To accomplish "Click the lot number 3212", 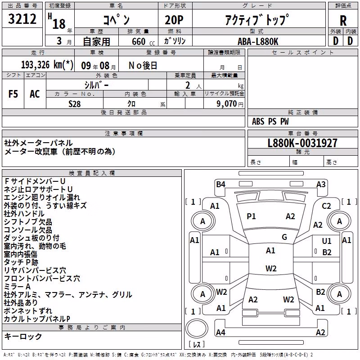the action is pos(22,18).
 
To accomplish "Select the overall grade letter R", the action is pos(343,21).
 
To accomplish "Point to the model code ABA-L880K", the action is pos(258,41).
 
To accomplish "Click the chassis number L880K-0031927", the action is pos(302,143).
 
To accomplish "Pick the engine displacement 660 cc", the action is pos(143,41).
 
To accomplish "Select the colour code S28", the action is pos(74,104).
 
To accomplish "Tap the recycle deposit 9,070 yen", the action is pos(229,104).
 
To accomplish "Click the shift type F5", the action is pos(13,94).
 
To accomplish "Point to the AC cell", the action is pos(35,94).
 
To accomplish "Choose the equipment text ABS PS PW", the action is pos(270,121).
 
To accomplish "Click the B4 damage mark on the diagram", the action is pos(220,184).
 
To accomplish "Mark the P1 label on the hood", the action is pos(251,216).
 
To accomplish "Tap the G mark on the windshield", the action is pos(284,237).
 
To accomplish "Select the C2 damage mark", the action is pos(326,206).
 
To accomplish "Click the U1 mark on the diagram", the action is pos(327,241).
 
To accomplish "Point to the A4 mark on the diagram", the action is pos(220,332).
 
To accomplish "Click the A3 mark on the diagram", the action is pos(321,184).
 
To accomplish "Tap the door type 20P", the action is pos(174,20).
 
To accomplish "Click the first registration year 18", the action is pos(59,24).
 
